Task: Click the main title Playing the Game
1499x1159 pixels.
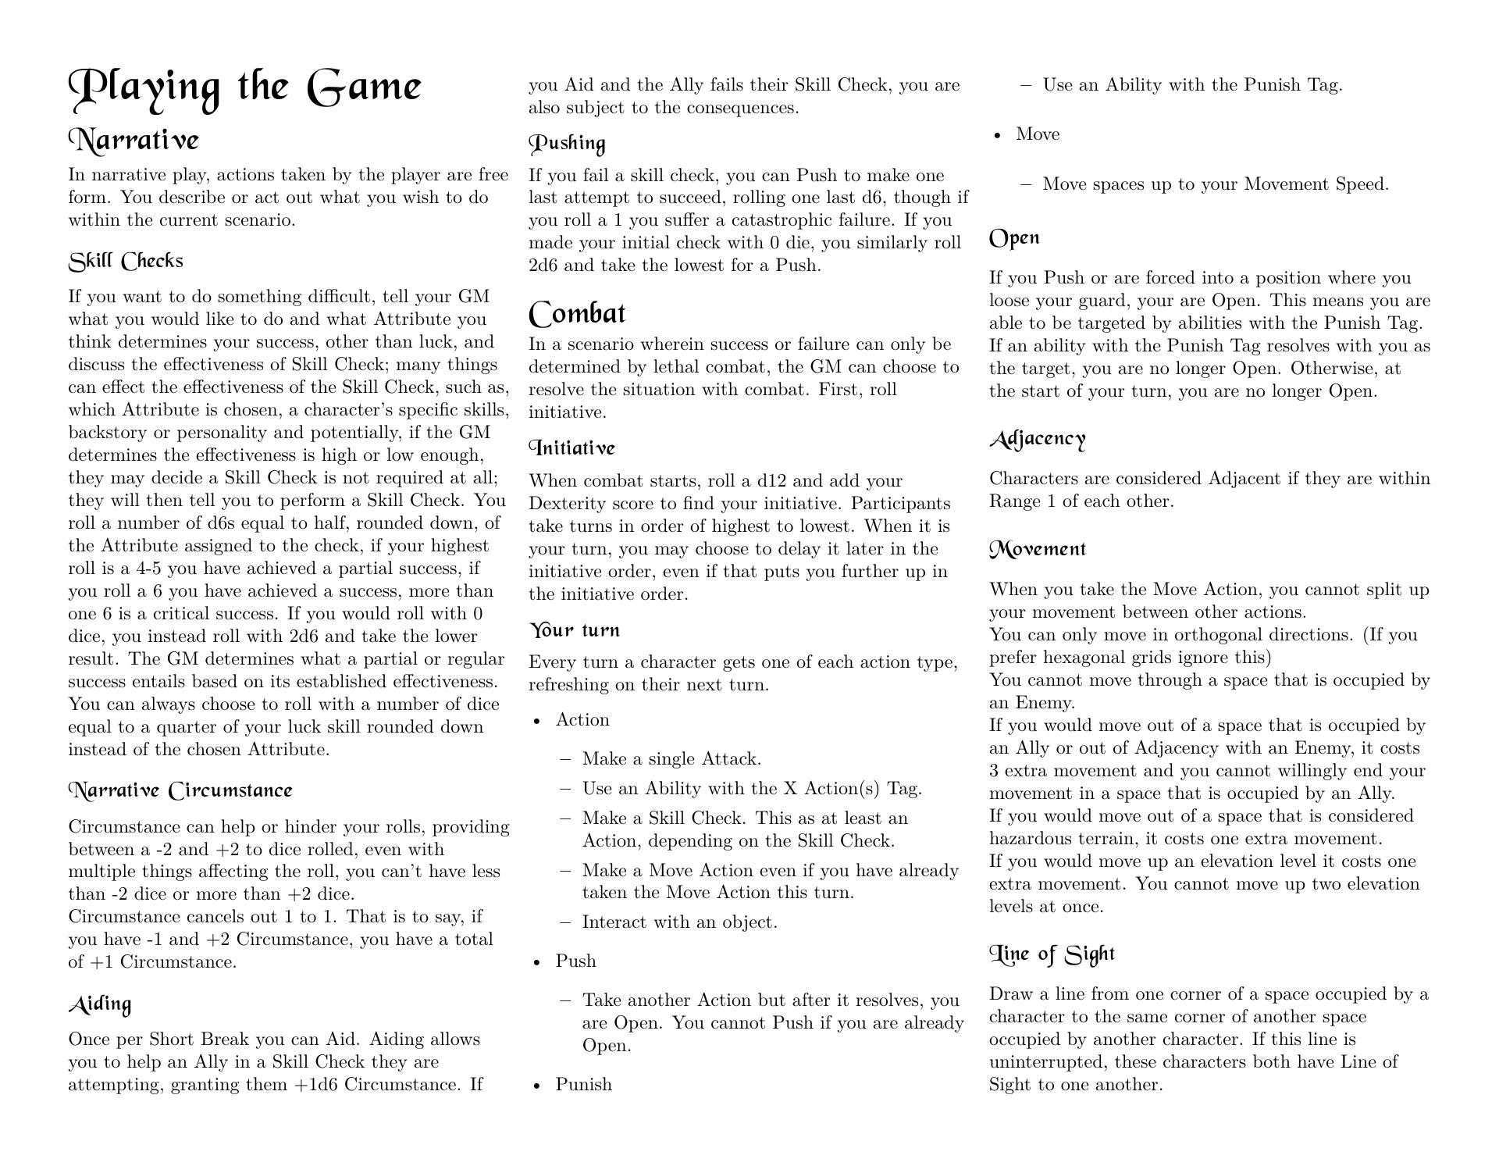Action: pos(245,87)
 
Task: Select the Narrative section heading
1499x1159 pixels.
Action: pos(134,141)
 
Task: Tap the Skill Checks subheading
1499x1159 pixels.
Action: pos(126,262)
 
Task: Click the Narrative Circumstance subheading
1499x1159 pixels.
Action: pos(180,791)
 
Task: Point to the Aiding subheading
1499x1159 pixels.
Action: pos(100,1004)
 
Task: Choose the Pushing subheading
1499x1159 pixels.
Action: pos(568,144)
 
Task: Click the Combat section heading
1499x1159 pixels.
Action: pos(577,314)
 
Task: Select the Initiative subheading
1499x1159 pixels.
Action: pos(572,448)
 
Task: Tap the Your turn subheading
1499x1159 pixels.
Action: pos(575,630)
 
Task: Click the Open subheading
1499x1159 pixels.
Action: pos(1014,238)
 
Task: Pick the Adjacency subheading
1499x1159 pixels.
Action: pos(1038,439)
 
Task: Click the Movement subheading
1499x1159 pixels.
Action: pos(1038,550)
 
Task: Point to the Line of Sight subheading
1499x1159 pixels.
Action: pos(1052,954)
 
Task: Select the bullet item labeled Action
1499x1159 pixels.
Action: pos(582,720)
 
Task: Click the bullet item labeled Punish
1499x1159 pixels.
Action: pos(583,1085)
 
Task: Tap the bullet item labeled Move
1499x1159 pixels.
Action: pos(1038,134)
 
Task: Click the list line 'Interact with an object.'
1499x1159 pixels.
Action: pos(679,922)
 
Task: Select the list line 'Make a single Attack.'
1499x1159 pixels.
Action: pos(671,759)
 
